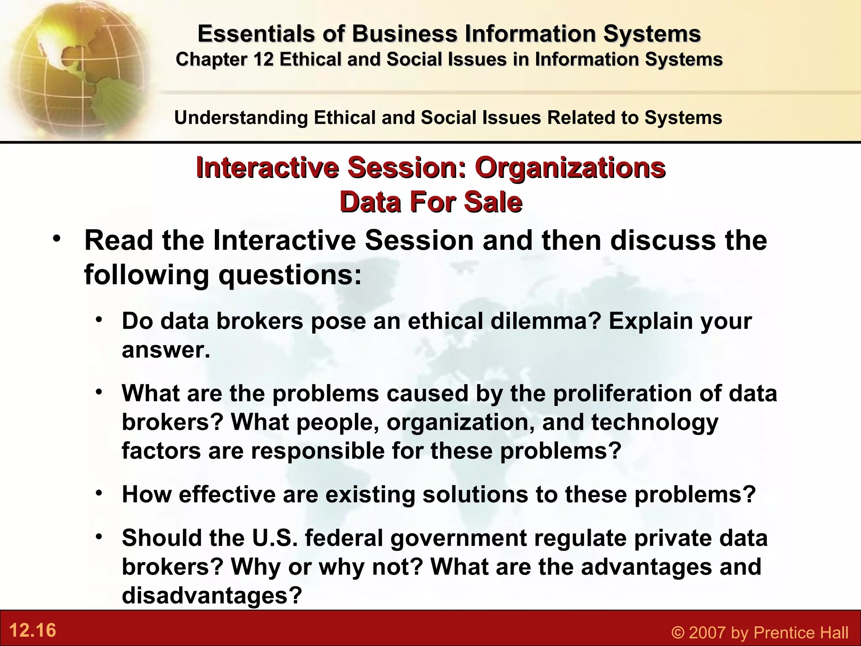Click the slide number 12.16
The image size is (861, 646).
pos(32,630)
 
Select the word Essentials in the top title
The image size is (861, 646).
pos(256,34)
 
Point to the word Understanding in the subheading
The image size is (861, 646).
pos(241,118)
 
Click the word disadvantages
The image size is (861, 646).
pos(211,595)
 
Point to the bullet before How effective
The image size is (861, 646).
pos(99,492)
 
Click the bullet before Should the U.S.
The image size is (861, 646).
pos(99,536)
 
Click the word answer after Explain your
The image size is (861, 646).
pos(165,350)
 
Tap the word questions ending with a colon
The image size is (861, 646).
pos(290,275)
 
